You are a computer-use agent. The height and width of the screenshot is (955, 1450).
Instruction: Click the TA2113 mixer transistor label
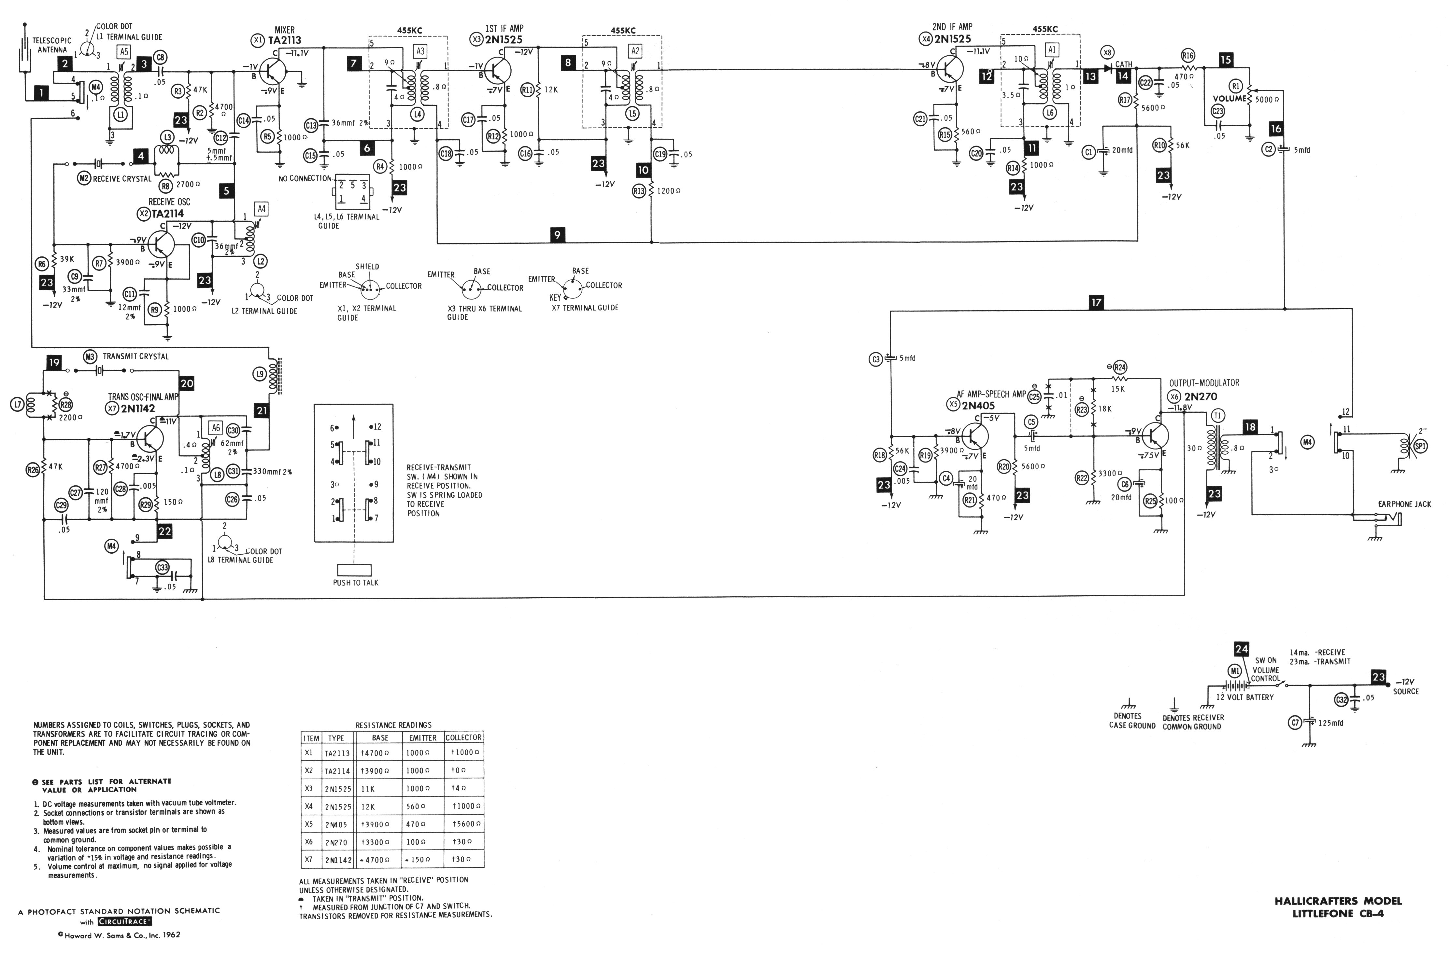coord(285,41)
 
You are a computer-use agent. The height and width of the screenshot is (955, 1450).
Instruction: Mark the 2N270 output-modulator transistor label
coord(1201,396)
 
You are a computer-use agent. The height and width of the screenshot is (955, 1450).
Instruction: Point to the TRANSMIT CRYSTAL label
coord(135,356)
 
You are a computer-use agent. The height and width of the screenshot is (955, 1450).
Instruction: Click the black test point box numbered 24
coord(1241,649)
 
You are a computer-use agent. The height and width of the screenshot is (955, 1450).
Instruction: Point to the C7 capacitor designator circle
coord(1295,722)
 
